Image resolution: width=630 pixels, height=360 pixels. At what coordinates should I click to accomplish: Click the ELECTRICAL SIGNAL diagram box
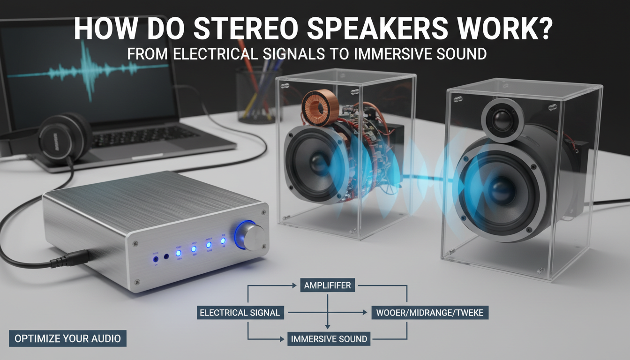click(240, 313)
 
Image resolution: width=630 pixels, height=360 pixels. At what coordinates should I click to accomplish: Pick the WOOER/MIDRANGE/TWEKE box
click(429, 313)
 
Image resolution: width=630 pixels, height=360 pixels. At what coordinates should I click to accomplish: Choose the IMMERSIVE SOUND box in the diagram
click(329, 338)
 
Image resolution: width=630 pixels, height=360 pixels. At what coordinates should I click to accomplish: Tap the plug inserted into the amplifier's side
click(70, 257)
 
